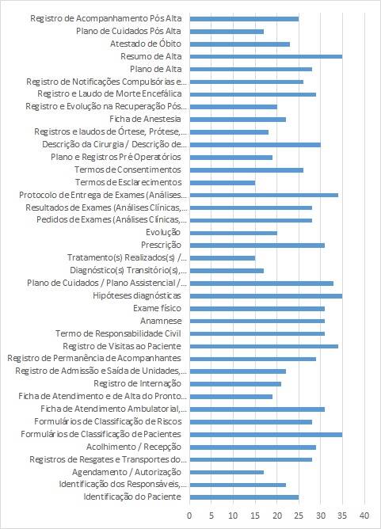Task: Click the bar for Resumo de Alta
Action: [266, 56]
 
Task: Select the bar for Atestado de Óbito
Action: [239, 44]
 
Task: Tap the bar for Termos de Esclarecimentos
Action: [223, 182]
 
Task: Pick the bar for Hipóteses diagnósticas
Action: [266, 296]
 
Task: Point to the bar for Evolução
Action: [233, 233]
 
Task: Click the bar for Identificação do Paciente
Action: [244, 497]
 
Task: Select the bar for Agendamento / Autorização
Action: [227, 472]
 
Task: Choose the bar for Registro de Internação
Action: [235, 383]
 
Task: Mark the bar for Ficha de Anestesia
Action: [238, 120]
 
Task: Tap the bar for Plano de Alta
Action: [251, 69]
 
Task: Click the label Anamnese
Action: [161, 321]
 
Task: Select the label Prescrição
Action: [161, 245]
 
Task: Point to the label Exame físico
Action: [157, 308]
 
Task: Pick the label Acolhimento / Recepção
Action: [134, 447]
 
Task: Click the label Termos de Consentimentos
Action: [128, 169]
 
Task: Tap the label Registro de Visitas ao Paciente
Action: [122, 346]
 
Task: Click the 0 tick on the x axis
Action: [189, 516]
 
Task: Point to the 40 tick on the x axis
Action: [364, 516]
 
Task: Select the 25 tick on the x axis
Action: [299, 516]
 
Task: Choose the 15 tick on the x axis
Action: [255, 516]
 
